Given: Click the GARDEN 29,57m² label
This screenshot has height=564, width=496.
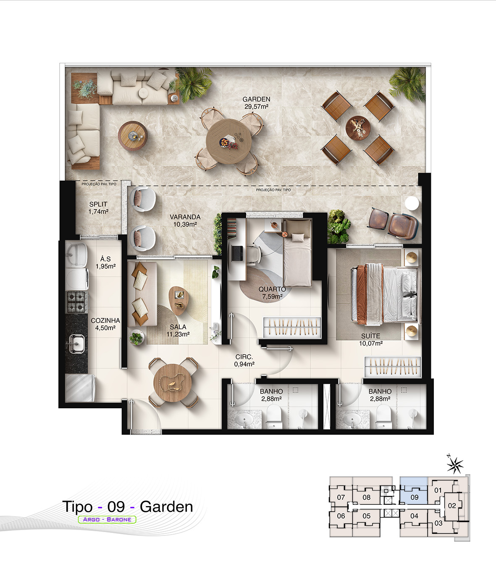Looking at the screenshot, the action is pyautogui.click(x=256, y=103).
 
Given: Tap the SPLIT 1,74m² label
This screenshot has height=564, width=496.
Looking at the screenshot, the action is pyautogui.click(x=98, y=208).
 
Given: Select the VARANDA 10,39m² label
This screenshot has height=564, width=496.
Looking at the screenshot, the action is pyautogui.click(x=185, y=220).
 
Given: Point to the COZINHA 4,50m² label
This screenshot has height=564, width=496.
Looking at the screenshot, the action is pyautogui.click(x=105, y=324).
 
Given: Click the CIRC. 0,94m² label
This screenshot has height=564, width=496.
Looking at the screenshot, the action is pyautogui.click(x=244, y=360).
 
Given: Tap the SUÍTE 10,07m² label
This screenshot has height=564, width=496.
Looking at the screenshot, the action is pyautogui.click(x=371, y=340).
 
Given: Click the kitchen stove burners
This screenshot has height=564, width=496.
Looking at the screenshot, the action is pyautogui.click(x=76, y=302).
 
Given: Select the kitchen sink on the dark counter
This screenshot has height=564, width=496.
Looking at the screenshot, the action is pyautogui.click(x=76, y=344).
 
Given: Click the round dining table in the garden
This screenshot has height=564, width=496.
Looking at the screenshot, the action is pyautogui.click(x=228, y=141).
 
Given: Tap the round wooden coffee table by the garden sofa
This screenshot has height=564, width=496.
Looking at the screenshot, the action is pyautogui.click(x=133, y=136).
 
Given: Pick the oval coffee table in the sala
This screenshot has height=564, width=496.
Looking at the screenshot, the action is pyautogui.click(x=178, y=301).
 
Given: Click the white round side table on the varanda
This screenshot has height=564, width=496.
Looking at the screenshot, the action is pyautogui.click(x=412, y=203).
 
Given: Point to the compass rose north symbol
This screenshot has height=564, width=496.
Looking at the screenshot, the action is pyautogui.click(x=455, y=465).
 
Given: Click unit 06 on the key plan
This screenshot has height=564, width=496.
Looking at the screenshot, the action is pyautogui.click(x=341, y=516).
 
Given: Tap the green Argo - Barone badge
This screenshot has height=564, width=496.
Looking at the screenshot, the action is pyautogui.click(x=107, y=519).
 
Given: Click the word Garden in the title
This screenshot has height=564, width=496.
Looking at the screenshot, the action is pyautogui.click(x=166, y=506).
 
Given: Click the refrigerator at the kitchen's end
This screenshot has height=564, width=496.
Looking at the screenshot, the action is pyautogui.click(x=80, y=388).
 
